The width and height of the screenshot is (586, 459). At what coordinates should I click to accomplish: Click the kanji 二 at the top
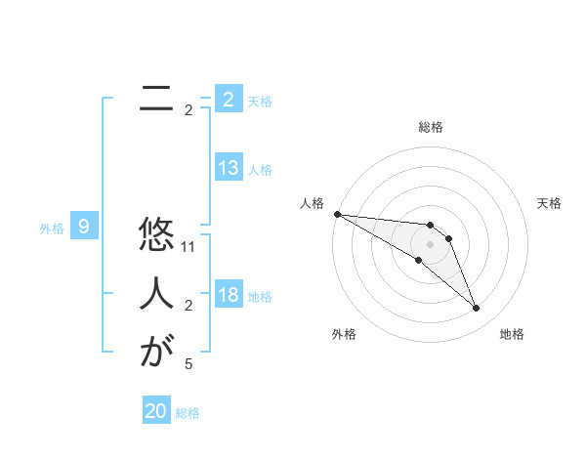coord(150,98)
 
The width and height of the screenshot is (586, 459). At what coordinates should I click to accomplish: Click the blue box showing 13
coord(229,168)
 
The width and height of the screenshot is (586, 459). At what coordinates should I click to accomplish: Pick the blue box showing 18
coord(229,295)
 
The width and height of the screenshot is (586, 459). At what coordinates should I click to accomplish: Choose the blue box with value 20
coord(156,411)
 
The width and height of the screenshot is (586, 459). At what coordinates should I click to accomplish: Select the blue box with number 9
coord(84,228)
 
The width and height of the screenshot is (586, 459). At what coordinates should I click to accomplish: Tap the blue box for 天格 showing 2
coord(229,99)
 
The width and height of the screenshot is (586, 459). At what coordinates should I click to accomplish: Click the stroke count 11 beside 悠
coord(189,248)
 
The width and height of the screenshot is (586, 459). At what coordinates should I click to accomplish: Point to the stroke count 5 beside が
coord(188,364)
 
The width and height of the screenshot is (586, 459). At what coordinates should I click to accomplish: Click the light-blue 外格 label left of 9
coord(52,229)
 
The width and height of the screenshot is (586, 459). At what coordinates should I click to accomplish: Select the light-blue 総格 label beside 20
coord(188,413)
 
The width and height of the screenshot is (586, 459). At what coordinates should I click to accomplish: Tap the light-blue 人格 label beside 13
coord(260,170)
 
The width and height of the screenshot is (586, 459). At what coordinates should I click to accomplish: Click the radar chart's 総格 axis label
coord(431,127)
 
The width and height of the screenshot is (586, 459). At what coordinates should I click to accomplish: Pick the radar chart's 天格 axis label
coord(550,203)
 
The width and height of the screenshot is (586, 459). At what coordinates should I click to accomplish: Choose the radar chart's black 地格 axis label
coord(512,334)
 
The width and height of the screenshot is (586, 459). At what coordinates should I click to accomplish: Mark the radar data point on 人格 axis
coord(337,214)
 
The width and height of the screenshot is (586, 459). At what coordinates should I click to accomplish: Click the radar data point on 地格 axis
coord(477,309)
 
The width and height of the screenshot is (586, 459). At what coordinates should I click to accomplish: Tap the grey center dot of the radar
coord(431,244)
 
